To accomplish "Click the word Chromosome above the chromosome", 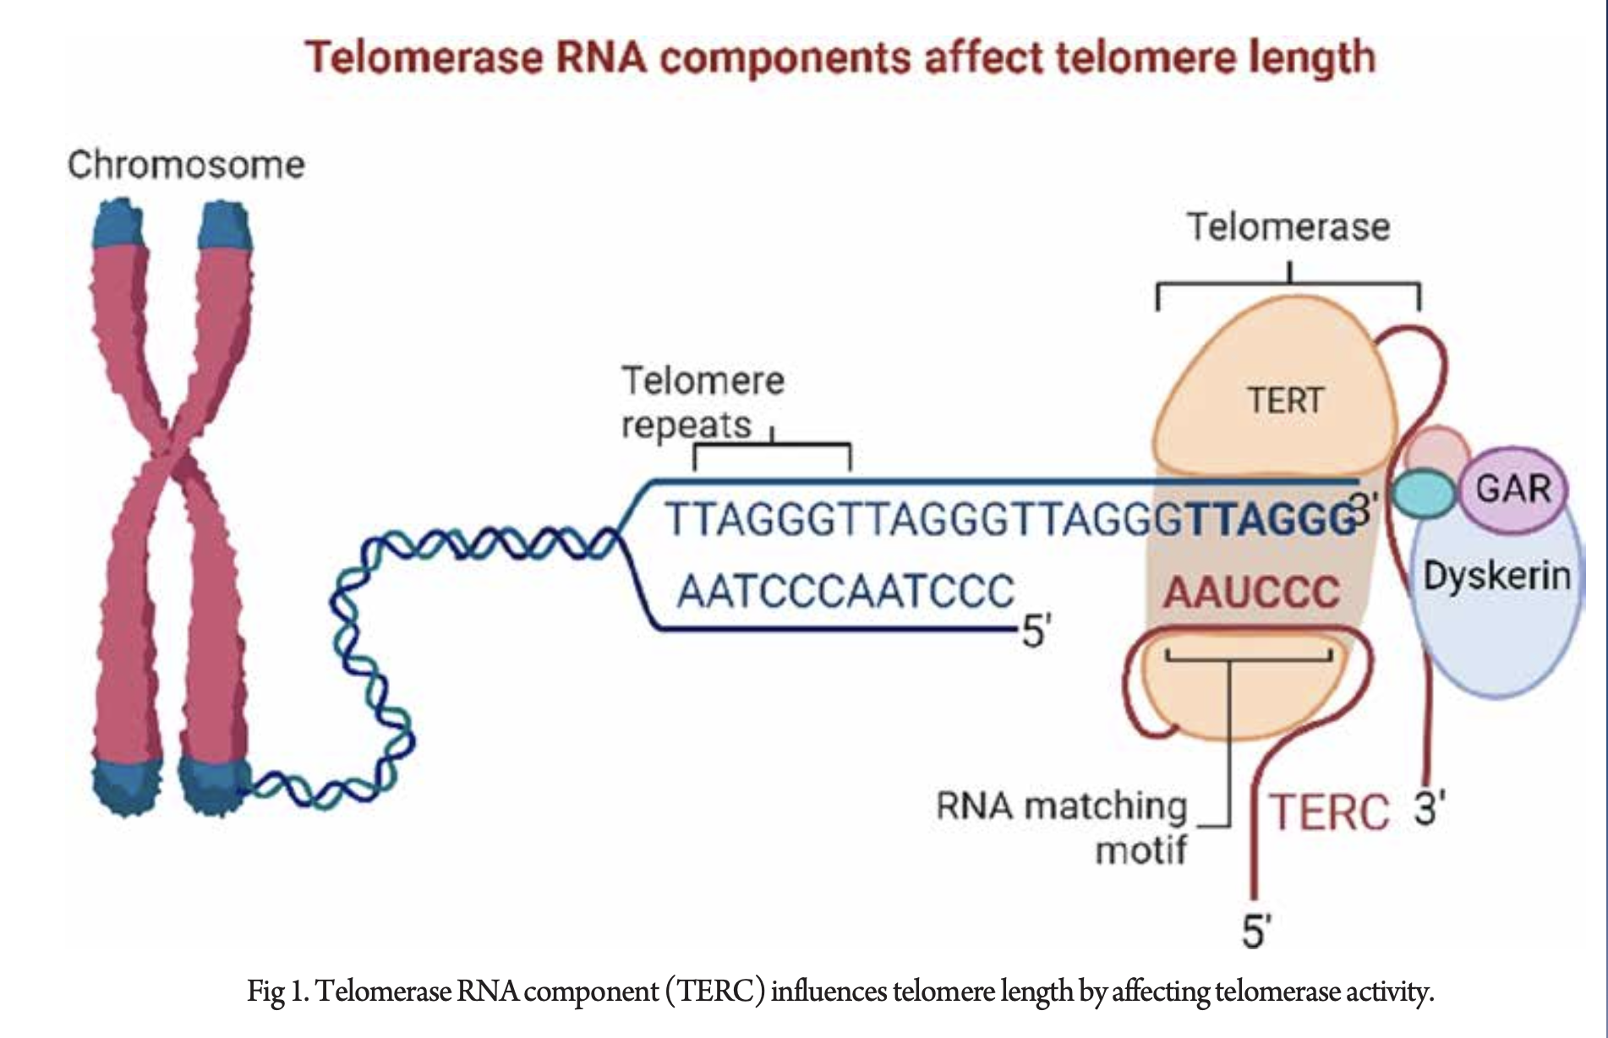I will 186,165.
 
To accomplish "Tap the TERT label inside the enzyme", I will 1285,400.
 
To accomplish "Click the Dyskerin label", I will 1496,576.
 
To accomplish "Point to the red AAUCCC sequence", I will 1251,592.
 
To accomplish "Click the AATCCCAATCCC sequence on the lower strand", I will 845,591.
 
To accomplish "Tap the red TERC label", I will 1330,812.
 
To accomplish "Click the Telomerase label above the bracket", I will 1288,227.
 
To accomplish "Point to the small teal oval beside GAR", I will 1424,493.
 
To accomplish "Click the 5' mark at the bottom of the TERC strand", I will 1256,931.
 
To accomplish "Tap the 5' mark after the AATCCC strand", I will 1036,631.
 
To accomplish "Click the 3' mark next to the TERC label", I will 1430,809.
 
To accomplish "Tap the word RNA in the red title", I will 599,57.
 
